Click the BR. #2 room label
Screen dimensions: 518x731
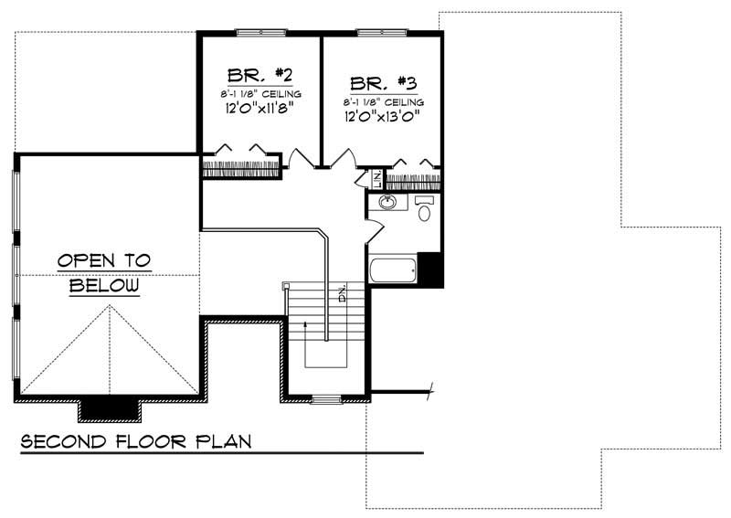pos(260,74)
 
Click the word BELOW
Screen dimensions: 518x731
pos(105,286)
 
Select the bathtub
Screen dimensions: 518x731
pos(392,270)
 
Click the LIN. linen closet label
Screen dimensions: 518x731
pos(376,179)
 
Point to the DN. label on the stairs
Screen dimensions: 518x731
pos(343,294)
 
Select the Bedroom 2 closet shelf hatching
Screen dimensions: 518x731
pos(240,168)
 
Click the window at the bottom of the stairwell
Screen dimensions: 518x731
pos(325,398)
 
